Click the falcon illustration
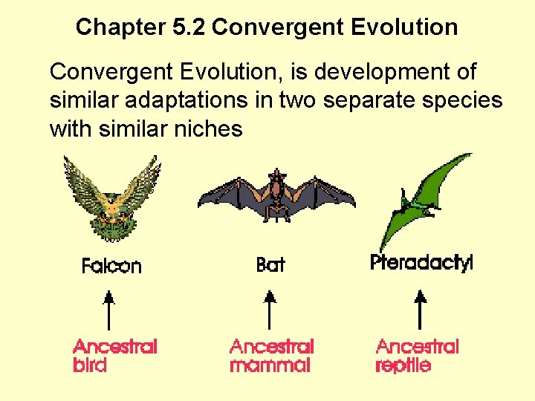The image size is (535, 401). tap(112, 199)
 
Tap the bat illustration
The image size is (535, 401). tap(276, 195)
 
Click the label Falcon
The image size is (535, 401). tap(111, 266)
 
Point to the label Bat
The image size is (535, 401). tap(270, 264)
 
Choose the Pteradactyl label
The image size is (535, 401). tap(421, 263)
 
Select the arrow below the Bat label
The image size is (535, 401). tap(270, 310)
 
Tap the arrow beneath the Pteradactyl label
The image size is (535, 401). tap(421, 310)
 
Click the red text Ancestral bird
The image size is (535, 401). tap(115, 356)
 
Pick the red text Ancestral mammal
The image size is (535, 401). tap(272, 356)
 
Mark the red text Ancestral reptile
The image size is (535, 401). tap(418, 356)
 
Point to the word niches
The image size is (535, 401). tap(208, 129)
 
